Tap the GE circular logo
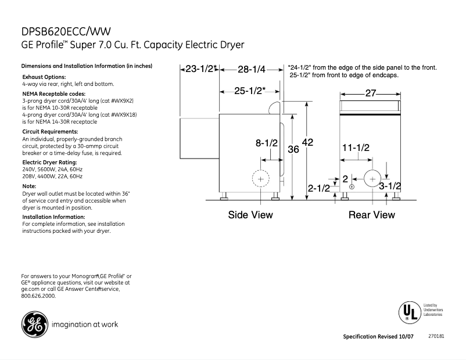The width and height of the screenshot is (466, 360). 34,324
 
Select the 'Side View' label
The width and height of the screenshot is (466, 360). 250,215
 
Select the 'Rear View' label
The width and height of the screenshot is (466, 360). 371,215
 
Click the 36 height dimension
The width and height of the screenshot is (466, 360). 293,149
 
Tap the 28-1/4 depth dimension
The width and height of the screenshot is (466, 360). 251,69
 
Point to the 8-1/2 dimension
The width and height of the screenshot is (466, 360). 267,142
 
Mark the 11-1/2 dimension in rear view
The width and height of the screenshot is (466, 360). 356,148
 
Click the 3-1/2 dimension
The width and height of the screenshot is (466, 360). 390,186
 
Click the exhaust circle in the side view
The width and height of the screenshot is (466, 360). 260,180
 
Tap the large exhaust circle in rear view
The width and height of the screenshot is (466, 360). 371,178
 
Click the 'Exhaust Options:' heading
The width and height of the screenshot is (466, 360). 44,77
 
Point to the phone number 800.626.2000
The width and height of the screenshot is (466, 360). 38,296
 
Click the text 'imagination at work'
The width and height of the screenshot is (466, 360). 85,325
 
